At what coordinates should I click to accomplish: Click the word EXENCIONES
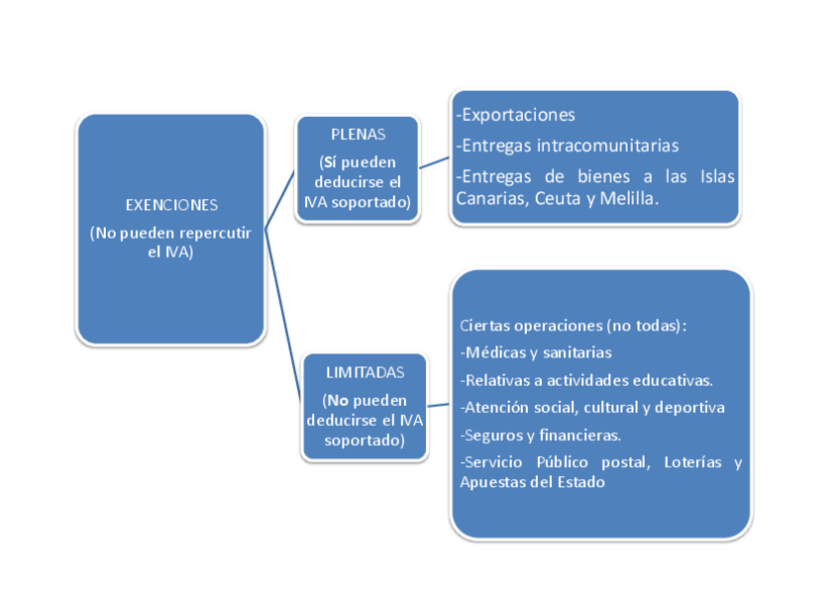click(171, 205)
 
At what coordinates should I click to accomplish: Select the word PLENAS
click(358, 135)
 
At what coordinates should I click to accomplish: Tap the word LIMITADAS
click(365, 373)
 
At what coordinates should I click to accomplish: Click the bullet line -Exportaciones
click(516, 116)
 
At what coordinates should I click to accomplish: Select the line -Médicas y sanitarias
click(536, 352)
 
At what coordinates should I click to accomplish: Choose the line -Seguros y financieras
click(541, 435)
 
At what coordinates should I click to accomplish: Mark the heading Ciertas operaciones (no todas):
click(574, 325)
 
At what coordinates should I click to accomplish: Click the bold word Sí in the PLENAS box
click(330, 162)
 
